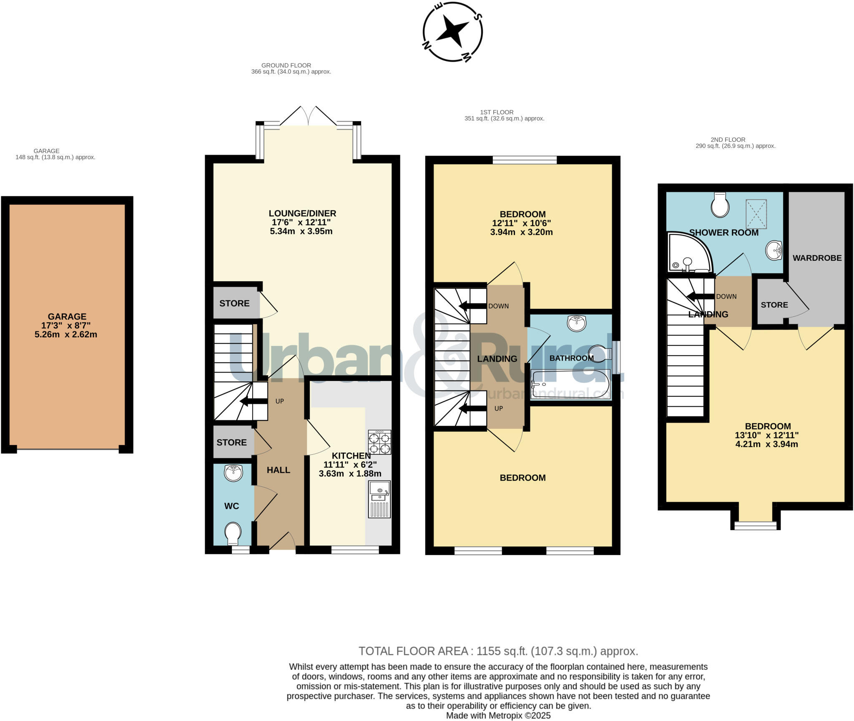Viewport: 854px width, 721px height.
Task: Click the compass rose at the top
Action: tap(453, 32)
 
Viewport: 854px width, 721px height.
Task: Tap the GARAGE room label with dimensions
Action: tap(66, 325)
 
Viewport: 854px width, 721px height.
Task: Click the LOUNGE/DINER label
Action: tap(302, 213)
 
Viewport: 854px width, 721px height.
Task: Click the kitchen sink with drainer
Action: tap(379, 499)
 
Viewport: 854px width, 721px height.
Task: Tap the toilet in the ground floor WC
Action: tap(233, 534)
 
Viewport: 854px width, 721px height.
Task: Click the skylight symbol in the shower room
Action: tap(756, 214)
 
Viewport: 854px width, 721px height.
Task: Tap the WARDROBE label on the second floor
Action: tap(817, 258)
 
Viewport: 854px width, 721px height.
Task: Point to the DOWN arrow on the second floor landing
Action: tap(701, 296)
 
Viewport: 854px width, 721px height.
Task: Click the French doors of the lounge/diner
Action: tap(308, 117)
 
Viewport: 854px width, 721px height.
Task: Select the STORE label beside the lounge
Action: tap(234, 303)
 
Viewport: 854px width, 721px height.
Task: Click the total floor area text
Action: tap(498, 651)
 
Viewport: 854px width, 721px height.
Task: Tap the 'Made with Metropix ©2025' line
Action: tap(498, 716)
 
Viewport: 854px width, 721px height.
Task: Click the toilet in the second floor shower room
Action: tap(720, 205)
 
